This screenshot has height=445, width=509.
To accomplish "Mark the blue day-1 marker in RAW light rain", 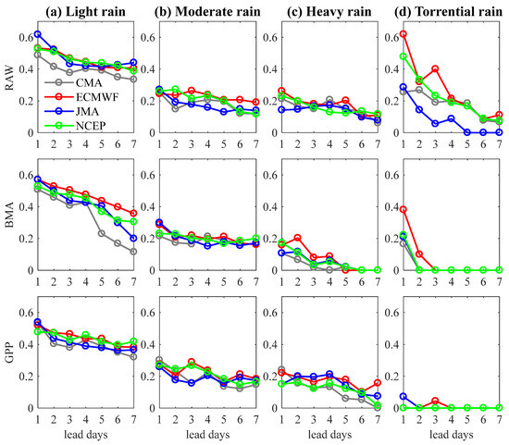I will click(37, 33).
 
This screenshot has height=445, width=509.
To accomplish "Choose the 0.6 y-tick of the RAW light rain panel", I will click(20, 37).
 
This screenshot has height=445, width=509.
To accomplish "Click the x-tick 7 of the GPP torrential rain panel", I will click(499, 418).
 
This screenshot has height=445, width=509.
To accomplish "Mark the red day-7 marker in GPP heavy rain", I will click(377, 382).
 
